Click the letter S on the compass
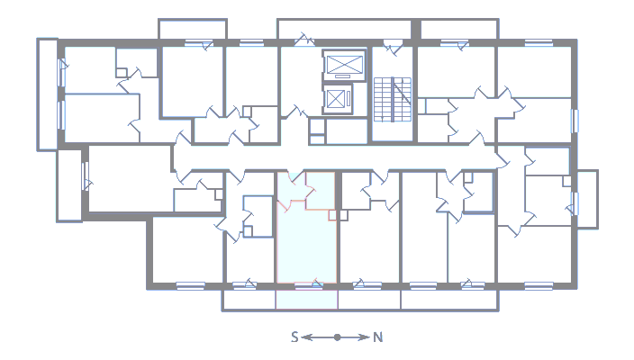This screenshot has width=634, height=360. point(294,337)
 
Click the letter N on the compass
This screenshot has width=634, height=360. point(377,337)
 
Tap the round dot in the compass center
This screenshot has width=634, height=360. point(337,337)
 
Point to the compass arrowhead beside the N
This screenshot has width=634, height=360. point(364,337)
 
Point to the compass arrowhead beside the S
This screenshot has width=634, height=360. point(307,337)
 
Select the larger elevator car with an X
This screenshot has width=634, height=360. point(344,65)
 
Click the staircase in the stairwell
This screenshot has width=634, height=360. point(393,99)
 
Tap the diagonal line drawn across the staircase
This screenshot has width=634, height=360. point(403,92)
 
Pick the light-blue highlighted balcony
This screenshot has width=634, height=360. point(306,300)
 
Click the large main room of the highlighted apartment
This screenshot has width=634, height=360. point(306,247)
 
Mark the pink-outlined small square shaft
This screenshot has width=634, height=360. point(332,215)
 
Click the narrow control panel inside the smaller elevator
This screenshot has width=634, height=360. point(349,99)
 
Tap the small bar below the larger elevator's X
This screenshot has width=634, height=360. point(343,76)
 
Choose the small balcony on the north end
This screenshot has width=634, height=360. point(587,199)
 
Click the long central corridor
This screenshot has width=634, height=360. point(335,157)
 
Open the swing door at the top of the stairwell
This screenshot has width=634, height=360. point(393,46)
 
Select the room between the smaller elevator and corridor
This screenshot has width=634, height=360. point(347,130)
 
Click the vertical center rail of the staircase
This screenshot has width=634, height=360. point(393,99)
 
